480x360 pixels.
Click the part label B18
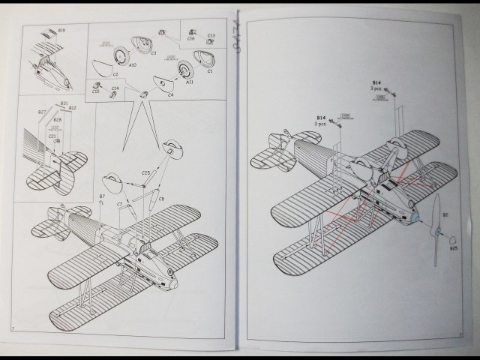62,30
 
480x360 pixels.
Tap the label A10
133,66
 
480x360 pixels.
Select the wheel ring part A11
184,70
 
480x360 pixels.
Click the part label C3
153,53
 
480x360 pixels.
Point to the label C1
210,71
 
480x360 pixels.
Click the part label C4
170,95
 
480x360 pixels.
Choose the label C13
211,35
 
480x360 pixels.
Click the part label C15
96,91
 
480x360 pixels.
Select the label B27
42,112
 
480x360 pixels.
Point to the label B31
64,103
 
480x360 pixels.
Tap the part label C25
145,174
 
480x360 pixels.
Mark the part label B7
102,196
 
